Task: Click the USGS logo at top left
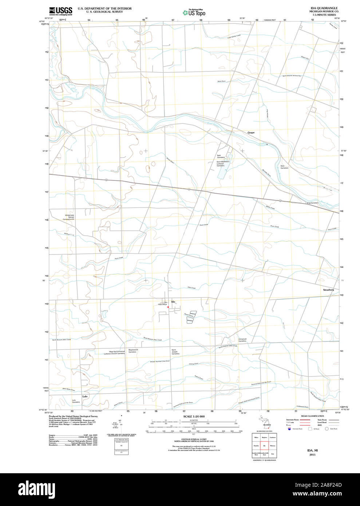(x=60, y=11)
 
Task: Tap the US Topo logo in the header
(x=194, y=12)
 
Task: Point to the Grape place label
(x=251, y=133)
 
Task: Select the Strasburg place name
(x=328, y=290)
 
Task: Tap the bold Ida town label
(x=173, y=302)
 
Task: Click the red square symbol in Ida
(x=168, y=307)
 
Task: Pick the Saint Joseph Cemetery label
(x=175, y=352)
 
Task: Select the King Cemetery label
(x=312, y=203)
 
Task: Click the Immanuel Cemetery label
(x=242, y=340)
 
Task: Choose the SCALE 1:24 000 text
(x=194, y=416)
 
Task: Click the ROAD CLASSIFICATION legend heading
(x=312, y=416)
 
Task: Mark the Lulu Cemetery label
(x=76, y=401)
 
